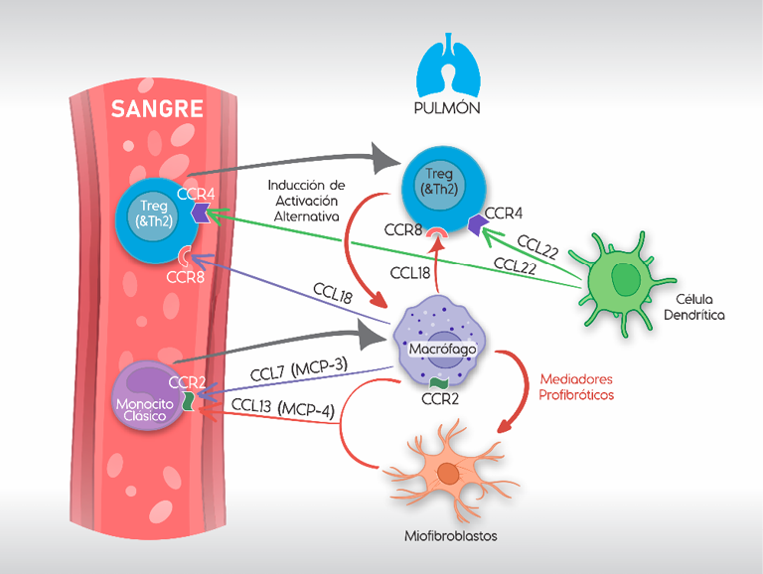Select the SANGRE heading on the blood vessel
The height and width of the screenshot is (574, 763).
[x=157, y=108]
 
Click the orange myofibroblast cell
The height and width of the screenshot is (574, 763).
[x=448, y=474]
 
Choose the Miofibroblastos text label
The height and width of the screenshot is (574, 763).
[x=450, y=537]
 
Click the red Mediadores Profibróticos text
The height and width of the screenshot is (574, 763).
[x=576, y=386]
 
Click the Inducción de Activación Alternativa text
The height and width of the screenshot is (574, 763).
[x=307, y=201]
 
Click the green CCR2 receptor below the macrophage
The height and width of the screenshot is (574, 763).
[x=437, y=383]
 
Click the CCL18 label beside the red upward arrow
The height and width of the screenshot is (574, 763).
[x=408, y=273]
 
